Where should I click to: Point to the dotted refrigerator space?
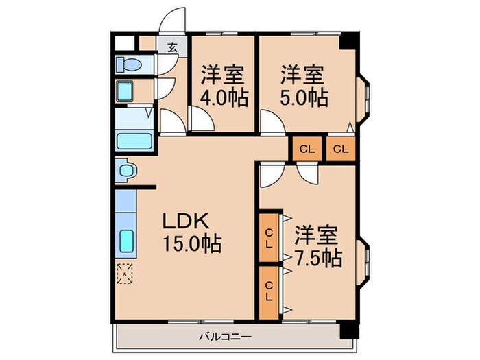click(x=125, y=273)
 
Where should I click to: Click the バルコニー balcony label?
click(x=226, y=337)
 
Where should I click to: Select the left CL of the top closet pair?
click(x=307, y=149)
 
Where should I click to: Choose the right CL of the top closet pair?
click(x=341, y=149)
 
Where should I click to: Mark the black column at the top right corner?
click(x=350, y=40)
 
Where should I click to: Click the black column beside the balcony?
click(x=349, y=330)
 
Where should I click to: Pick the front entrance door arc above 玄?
click(x=173, y=19)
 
